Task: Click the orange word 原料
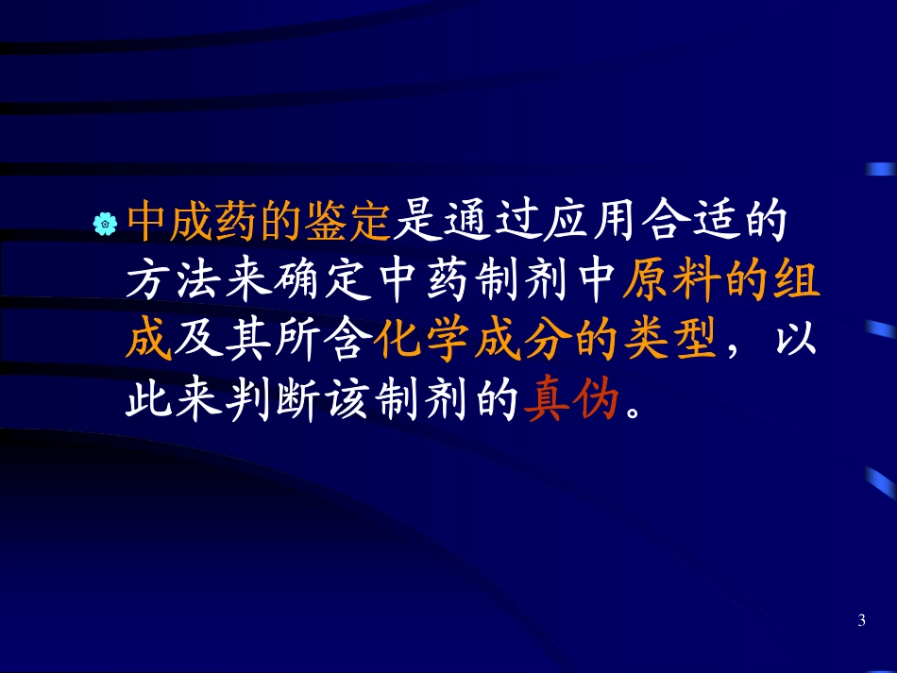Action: coord(662,281)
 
